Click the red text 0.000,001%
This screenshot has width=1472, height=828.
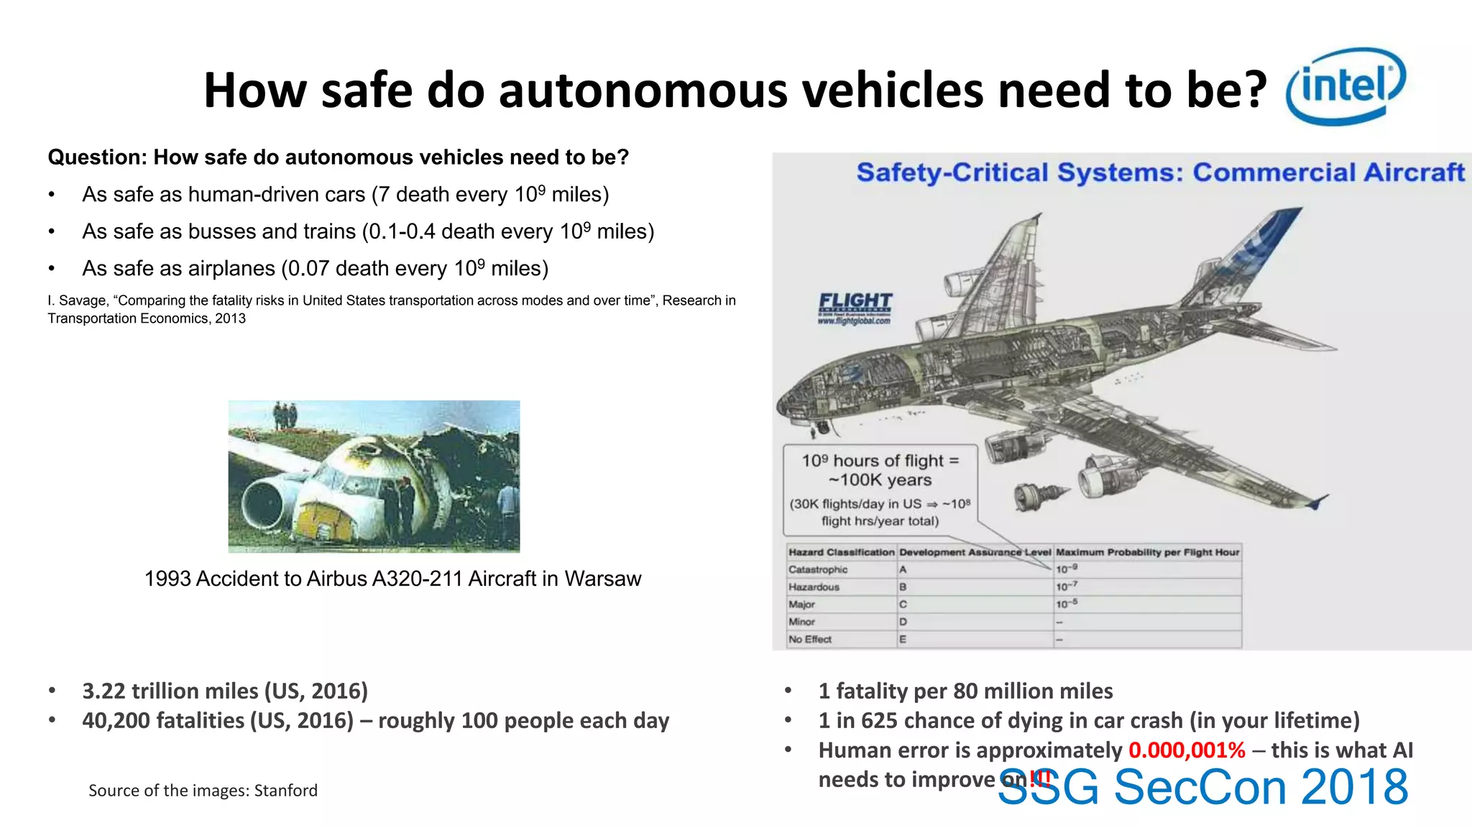[1187, 750]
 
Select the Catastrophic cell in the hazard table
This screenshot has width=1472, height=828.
[818, 570]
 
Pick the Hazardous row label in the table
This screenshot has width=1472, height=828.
[814, 587]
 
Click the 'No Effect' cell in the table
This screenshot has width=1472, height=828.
[810, 639]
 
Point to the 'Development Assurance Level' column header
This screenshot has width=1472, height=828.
[975, 553]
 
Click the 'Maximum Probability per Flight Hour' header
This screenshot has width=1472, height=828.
[1147, 553]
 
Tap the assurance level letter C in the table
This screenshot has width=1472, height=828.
[903, 604]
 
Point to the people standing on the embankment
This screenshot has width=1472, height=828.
[285, 415]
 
